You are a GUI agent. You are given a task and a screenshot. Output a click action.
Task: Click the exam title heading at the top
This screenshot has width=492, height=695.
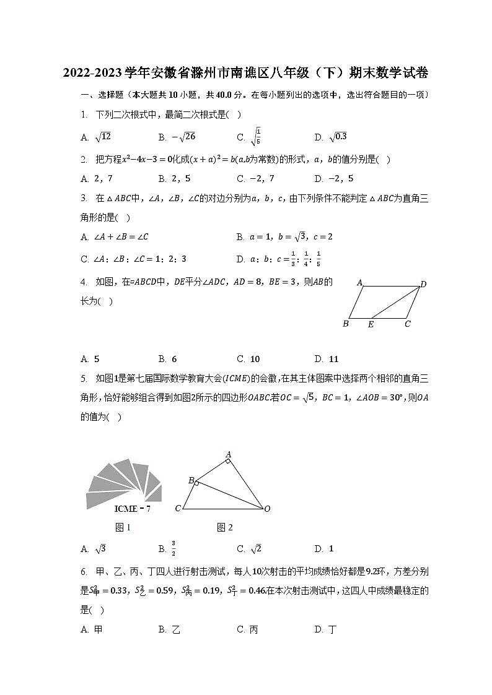coord(246,74)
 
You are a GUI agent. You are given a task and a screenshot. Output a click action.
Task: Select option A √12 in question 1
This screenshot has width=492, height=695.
coord(95,137)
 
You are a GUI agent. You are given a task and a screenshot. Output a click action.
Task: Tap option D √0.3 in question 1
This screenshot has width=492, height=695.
coord(331,137)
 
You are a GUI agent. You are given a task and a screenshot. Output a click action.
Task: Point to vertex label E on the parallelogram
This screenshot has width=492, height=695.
coord(371,324)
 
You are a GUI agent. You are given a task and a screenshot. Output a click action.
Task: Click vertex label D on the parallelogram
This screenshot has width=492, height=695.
coord(423,284)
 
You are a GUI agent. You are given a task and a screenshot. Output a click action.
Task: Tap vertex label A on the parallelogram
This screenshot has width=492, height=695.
coord(359,283)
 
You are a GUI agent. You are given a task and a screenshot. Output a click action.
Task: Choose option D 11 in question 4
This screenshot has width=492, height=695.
coord(327,359)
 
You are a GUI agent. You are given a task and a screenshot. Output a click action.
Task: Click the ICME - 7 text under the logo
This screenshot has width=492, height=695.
coord(133,509)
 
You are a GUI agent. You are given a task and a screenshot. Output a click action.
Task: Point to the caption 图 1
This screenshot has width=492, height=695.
coord(123,527)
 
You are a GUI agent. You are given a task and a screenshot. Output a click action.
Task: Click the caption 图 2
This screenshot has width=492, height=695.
coord(225,527)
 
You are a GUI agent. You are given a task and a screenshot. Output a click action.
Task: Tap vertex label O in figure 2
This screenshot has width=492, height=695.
coord(267,509)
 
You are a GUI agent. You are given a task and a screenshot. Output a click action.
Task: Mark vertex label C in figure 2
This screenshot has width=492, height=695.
coord(178,509)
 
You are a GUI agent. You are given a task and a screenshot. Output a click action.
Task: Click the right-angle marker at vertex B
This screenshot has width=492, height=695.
coord(196,483)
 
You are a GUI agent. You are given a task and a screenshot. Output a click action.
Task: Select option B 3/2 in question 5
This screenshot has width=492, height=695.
coord(167,548)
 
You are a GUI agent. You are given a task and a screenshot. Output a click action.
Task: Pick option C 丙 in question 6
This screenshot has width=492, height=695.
coord(247,629)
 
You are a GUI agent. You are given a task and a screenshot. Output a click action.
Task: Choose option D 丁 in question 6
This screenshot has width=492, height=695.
coord(326,629)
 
